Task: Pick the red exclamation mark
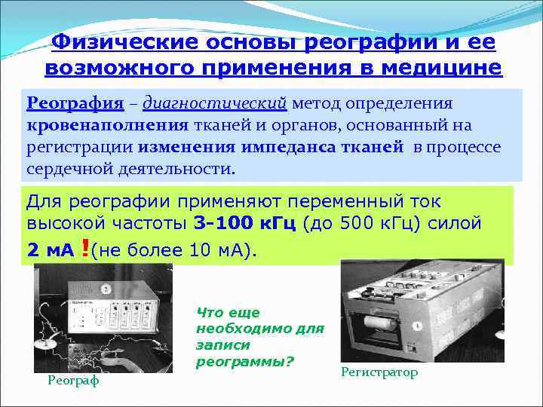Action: (x=83, y=249)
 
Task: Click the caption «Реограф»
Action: (x=73, y=381)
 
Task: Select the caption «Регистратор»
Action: (x=379, y=372)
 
